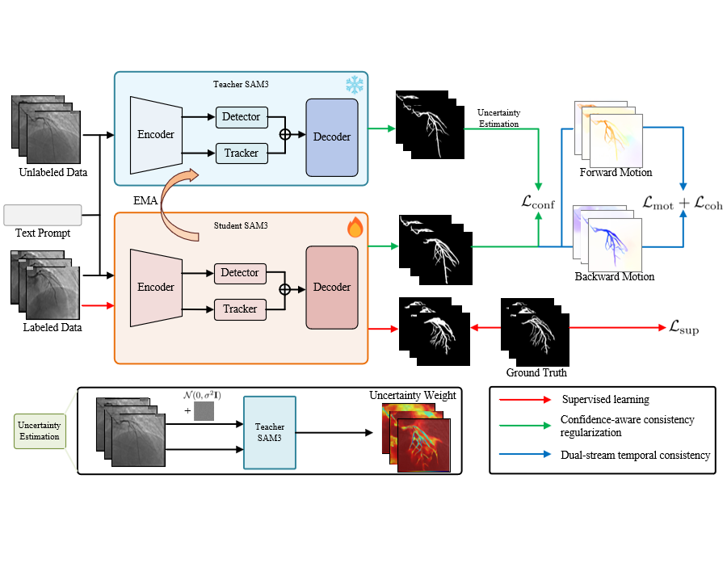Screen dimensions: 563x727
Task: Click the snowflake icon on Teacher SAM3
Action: pos(354,86)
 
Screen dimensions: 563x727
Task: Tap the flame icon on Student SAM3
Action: pos(355,228)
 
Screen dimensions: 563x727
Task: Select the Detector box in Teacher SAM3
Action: pos(241,117)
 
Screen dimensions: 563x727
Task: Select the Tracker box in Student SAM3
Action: pos(240,309)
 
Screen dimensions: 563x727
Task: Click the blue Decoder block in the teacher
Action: pos(331,137)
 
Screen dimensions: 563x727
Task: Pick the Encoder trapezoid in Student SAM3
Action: pos(155,287)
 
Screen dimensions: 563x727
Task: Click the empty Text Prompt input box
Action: pos(42,215)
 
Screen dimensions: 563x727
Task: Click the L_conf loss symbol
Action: pos(538,204)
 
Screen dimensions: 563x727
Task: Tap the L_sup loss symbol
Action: pos(683,329)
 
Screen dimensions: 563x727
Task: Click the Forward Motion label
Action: pos(615,172)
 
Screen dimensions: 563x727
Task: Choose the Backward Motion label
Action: pos(615,276)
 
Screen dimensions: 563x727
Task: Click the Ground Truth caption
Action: pos(536,372)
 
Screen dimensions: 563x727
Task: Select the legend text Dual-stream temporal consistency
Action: pos(635,455)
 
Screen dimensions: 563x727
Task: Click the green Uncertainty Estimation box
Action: pos(40,431)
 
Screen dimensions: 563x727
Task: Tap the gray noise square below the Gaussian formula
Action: pos(204,413)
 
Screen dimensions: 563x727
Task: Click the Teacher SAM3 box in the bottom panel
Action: pos(269,432)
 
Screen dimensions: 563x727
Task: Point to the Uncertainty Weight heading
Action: pos(413,396)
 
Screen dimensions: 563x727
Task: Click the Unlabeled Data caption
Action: pos(53,172)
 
